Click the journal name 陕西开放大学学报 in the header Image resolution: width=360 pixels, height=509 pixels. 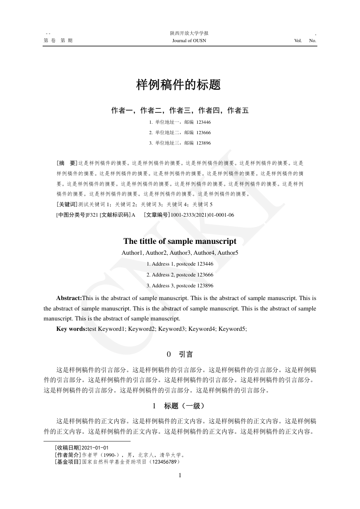tap(189, 33)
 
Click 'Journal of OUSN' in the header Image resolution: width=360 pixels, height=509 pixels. tap(189, 41)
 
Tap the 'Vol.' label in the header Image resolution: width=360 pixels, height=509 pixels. tap(298, 41)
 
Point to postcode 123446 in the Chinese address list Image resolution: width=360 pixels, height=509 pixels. tap(204, 122)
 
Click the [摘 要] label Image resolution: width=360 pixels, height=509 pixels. tap(67, 162)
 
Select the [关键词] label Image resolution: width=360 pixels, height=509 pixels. tap(67, 204)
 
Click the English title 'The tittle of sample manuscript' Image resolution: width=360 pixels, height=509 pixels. tap(180, 241)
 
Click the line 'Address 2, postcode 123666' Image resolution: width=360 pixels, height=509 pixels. tap(180, 275)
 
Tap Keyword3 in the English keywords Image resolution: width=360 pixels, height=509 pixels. tap(172, 329)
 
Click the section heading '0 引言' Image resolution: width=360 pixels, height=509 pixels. tap(180, 354)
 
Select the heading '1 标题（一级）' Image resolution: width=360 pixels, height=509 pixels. tap(180, 405)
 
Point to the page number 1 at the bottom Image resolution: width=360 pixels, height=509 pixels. tap(180, 475)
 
